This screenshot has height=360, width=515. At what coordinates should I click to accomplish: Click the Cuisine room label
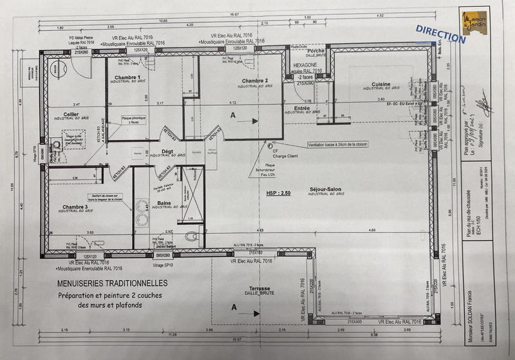(x=381, y=84)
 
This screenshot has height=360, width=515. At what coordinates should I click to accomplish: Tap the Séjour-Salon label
(x=325, y=189)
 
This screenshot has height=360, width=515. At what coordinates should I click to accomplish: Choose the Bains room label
(x=163, y=203)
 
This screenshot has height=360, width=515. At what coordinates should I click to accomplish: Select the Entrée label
(x=303, y=108)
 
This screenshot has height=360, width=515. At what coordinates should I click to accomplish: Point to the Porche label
(x=316, y=50)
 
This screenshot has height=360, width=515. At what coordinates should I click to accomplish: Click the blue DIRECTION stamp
(x=440, y=34)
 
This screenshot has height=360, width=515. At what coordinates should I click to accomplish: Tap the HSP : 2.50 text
(x=279, y=192)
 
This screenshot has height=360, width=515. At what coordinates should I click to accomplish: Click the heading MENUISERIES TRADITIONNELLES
(x=113, y=283)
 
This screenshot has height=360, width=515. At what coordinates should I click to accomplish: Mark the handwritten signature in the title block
(x=480, y=104)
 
